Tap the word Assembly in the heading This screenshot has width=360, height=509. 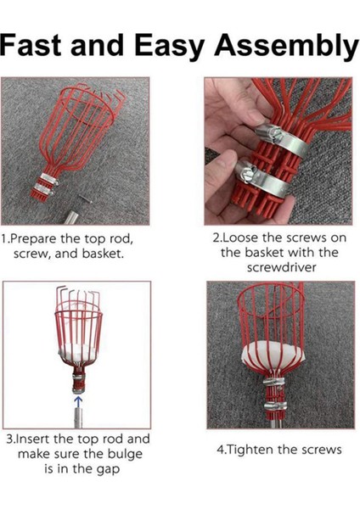[286, 47]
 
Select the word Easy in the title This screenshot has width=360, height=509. [169, 47]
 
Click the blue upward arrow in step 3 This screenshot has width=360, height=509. [78, 402]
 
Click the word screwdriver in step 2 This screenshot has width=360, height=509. [281, 267]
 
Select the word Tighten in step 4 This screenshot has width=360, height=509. [245, 450]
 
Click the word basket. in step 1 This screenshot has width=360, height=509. [103, 253]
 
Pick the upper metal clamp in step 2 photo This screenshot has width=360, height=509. [282, 138]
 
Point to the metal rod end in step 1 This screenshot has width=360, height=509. [70, 217]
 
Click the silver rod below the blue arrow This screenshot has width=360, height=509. [78, 418]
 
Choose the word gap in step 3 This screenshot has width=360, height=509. [110, 470]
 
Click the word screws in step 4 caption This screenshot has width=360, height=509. [321, 450]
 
